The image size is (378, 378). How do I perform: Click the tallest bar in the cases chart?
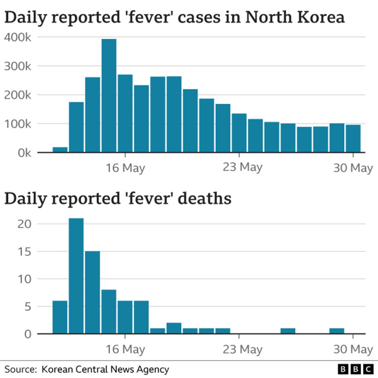(x=109, y=96)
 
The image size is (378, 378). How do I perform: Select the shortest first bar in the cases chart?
(x=60, y=150)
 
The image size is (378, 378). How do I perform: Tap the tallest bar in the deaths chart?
(x=76, y=276)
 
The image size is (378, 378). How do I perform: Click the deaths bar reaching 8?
(x=109, y=312)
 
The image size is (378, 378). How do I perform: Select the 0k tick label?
(x=21, y=153)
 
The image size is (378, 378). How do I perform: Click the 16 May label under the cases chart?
(x=125, y=168)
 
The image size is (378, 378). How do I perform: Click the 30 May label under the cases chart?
(x=353, y=168)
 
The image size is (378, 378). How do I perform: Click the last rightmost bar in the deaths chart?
(x=337, y=331)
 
